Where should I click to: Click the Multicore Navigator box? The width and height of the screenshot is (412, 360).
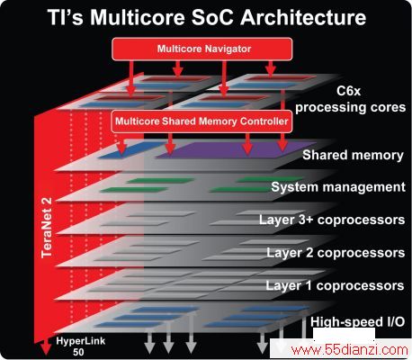tap(202, 49)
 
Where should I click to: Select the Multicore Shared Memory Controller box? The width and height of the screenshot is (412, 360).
tap(202, 121)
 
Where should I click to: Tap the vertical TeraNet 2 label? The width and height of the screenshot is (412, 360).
tap(47, 228)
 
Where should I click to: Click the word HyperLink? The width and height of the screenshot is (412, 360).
tap(81, 341)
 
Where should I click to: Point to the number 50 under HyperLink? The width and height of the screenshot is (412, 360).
tap(78, 352)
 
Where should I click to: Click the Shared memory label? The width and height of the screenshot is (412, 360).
tap(353, 155)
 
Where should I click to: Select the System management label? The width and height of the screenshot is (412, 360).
tap(338, 187)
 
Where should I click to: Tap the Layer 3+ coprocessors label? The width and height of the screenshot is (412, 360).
tap(332, 220)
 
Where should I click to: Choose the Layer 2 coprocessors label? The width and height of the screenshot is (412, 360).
tap(336, 253)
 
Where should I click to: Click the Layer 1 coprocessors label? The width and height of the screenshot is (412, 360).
tap(335, 285)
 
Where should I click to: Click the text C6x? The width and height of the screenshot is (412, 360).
tap(348, 91)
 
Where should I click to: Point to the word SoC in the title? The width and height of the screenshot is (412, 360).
tap(212, 17)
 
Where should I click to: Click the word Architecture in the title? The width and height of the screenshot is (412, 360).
tap(303, 17)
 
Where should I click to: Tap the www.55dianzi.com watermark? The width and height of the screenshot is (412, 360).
tap(349, 350)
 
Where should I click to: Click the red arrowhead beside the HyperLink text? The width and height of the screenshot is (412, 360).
tap(46, 346)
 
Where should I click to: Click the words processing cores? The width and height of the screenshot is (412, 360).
tap(350, 108)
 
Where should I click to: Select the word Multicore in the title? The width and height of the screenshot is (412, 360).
tap(138, 17)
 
